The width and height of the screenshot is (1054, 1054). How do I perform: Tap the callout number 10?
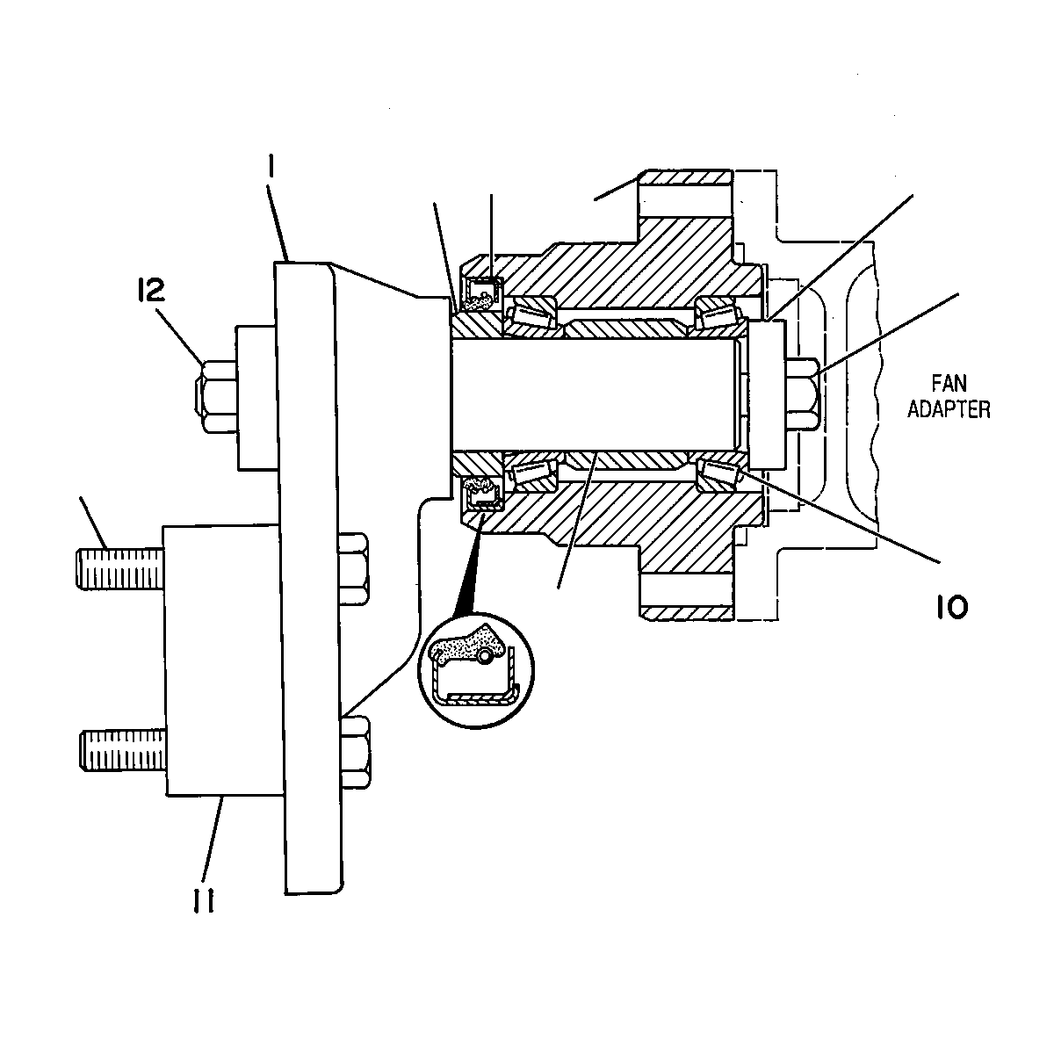pos(952,608)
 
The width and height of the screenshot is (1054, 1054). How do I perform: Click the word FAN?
pos(949,384)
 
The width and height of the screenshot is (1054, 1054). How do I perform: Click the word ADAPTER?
pos(949,409)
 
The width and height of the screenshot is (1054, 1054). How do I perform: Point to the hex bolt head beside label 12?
pos(217,396)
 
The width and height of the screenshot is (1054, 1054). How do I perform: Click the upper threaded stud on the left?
pos(120,569)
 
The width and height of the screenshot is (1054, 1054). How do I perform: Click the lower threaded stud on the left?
pos(123,750)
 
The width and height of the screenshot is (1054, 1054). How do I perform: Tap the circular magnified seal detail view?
pos(476,670)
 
